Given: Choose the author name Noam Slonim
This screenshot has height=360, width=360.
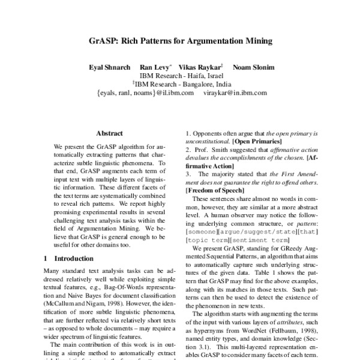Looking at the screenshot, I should coord(252,68).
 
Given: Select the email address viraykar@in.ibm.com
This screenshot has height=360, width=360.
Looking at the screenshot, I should coord(233,94).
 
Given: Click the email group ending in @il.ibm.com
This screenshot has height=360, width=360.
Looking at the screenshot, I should coord(145,94).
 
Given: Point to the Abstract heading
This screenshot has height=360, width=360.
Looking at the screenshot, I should coord(109,133).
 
